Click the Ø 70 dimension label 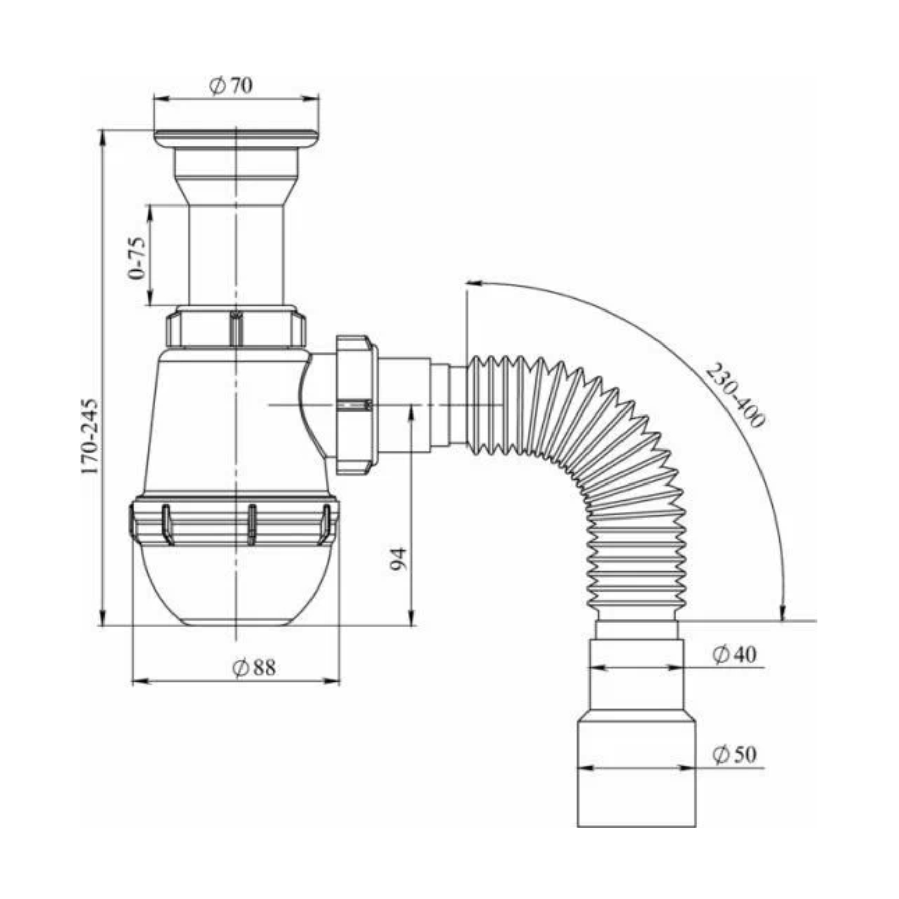tap(230, 86)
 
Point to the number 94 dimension tap(399, 559)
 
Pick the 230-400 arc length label tap(735, 395)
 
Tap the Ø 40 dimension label tap(734, 654)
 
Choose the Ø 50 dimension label tap(734, 754)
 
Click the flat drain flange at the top tap(236, 138)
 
